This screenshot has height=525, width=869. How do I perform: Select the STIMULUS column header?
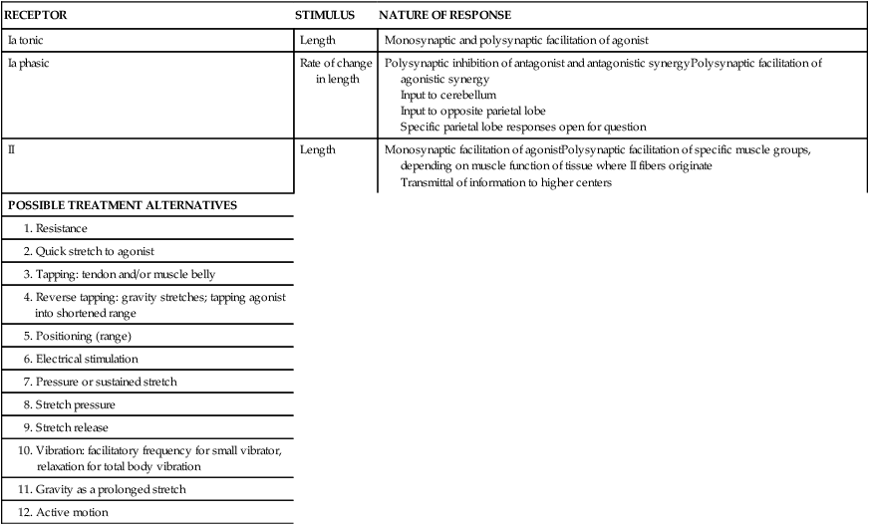[325, 15]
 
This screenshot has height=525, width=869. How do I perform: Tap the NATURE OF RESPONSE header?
[444, 15]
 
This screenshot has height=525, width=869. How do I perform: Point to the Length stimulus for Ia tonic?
[318, 41]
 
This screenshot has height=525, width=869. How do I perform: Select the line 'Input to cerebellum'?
[448, 95]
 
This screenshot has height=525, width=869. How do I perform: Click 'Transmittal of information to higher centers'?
[505, 182]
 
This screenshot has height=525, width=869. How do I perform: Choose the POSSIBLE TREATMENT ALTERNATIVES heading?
[122, 205]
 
